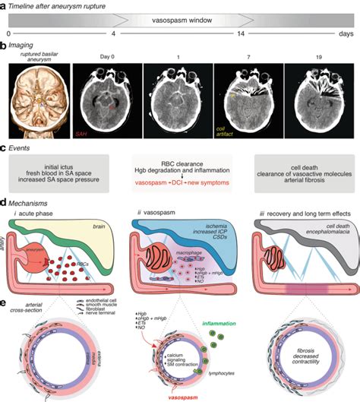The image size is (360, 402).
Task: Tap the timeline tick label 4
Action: point(114,35)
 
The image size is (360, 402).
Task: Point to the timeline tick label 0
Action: point(8,35)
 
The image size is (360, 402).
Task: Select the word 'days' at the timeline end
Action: point(346,35)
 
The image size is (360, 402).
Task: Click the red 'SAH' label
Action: point(81,133)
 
